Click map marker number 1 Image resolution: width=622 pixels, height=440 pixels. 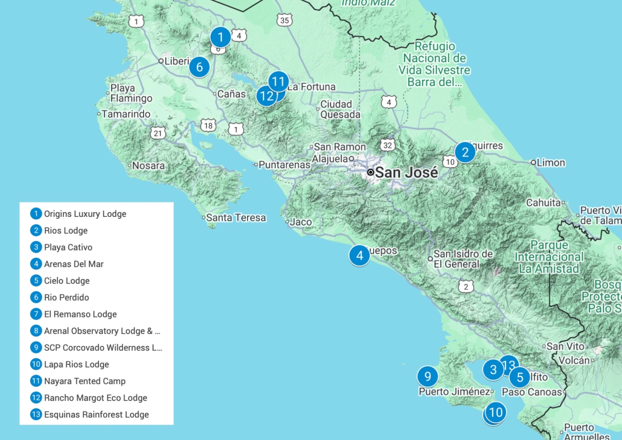(220, 36)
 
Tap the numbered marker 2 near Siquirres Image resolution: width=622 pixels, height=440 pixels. (465, 152)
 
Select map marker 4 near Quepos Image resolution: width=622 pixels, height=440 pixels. (359, 255)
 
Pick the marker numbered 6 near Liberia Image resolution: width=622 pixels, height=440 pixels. (200, 67)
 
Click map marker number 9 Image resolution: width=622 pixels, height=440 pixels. (427, 376)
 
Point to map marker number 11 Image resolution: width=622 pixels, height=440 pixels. (278, 81)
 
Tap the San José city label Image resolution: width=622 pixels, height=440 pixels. (406, 172)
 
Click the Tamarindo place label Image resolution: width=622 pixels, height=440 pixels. (126, 114)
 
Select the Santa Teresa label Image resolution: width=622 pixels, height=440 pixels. (235, 218)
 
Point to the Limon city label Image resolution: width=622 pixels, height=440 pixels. (551, 163)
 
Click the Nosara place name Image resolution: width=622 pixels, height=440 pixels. (148, 166)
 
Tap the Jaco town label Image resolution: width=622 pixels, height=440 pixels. (300, 222)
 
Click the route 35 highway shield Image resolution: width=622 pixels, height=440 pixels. (284, 20)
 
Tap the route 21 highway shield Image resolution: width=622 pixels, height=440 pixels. (158, 133)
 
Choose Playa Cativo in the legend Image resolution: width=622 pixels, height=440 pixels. (68, 248)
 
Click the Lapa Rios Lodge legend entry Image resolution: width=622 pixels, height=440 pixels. (77, 364)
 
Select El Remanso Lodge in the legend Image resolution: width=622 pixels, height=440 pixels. (80, 314)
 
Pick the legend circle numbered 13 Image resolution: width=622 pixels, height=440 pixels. (36, 415)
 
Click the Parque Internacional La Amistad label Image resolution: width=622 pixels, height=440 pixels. (549, 257)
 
